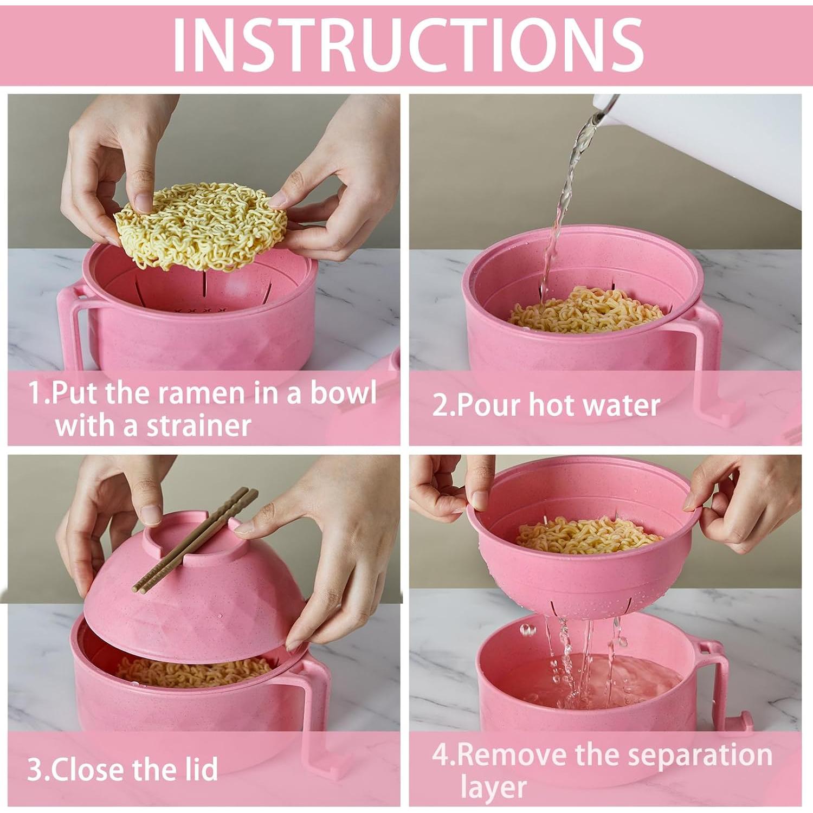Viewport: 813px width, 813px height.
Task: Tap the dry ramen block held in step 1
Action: point(201,225)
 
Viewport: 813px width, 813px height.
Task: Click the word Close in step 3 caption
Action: point(90,769)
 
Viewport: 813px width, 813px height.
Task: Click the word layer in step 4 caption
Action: point(493,787)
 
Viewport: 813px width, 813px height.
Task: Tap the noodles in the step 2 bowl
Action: point(585,312)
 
